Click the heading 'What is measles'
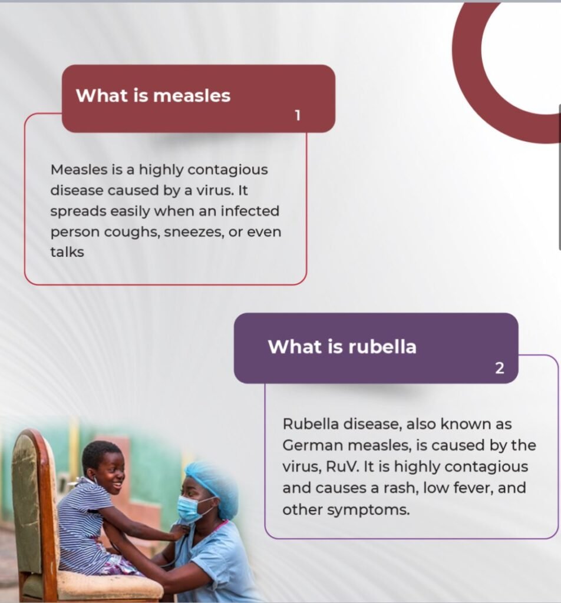click(153, 95)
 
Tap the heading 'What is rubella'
click(342, 346)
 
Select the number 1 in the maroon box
click(298, 115)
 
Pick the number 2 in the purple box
click(500, 369)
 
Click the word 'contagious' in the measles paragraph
click(228, 170)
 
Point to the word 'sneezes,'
click(194, 232)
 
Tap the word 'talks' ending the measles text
click(67, 252)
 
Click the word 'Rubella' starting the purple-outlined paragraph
click(310, 424)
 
